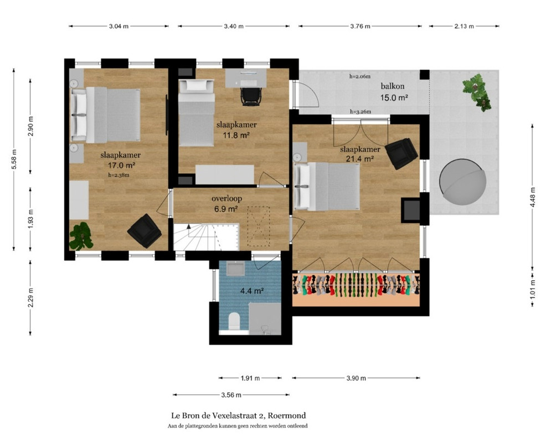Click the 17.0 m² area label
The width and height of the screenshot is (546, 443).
121,166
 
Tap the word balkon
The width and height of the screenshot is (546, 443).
393,86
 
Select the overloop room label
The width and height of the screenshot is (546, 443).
226,198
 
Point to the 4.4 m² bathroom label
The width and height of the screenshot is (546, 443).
252,291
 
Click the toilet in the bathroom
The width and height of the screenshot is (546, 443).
234,321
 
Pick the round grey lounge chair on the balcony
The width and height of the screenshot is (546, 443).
462,182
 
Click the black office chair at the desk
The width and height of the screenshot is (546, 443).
251,96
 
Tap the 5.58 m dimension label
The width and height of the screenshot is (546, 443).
14,159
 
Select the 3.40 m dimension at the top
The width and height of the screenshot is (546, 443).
234,26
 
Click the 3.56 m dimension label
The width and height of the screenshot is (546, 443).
231,395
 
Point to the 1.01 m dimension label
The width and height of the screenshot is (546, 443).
532,289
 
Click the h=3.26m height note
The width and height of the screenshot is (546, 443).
360,112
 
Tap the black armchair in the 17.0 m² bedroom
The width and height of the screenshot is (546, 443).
144,231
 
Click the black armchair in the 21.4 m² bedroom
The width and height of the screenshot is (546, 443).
401,153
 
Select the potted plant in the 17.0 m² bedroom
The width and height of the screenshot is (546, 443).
81,236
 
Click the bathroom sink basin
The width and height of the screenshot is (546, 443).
235,269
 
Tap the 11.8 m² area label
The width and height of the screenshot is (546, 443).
236,135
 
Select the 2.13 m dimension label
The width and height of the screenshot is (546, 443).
464,26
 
